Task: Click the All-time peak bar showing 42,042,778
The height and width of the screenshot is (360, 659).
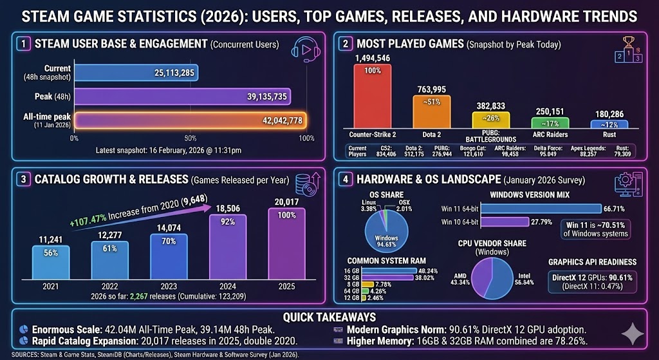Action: tap(190, 121)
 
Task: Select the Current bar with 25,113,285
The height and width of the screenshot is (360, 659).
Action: tap(136, 72)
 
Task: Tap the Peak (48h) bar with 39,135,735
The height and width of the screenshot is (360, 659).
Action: tap(182, 97)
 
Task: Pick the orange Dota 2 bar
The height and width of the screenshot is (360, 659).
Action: tap(431, 112)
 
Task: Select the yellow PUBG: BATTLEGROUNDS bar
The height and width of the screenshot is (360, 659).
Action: tap(490, 120)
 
